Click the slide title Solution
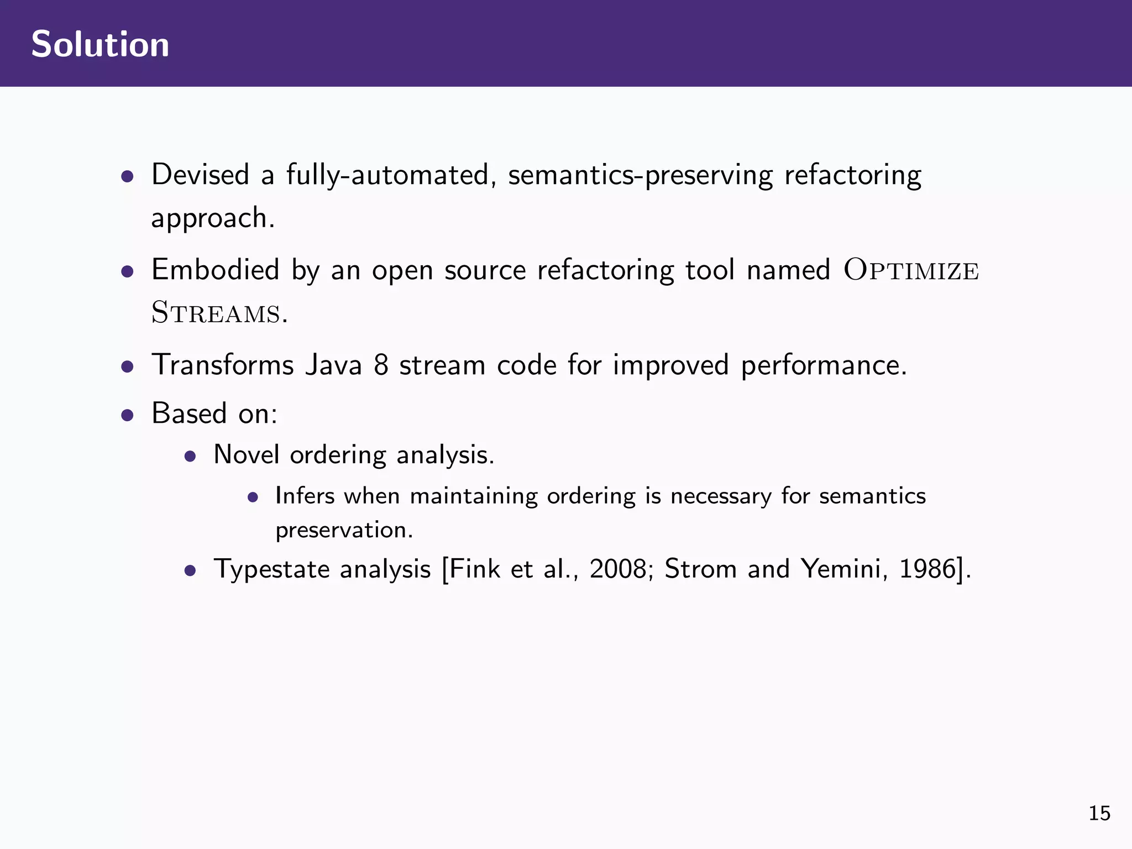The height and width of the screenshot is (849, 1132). tap(100, 44)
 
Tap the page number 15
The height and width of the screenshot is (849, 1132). tap(1099, 813)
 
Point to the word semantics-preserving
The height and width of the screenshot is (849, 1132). tap(640, 176)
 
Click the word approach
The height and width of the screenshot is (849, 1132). tap(212, 219)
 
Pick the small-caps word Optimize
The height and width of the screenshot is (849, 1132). tap(911, 271)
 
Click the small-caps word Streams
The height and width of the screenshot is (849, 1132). tap(216, 313)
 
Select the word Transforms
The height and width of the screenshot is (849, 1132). tap(222, 365)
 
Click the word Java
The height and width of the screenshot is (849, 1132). tap(333, 365)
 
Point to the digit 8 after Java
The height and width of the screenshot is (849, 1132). tap(381, 365)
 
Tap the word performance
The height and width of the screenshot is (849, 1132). tap(823, 366)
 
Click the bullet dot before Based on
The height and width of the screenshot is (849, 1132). tap(128, 415)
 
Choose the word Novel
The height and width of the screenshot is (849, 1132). tap(246, 454)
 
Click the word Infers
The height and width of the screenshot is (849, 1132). tap(305, 496)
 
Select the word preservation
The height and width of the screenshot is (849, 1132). tap(344, 531)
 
